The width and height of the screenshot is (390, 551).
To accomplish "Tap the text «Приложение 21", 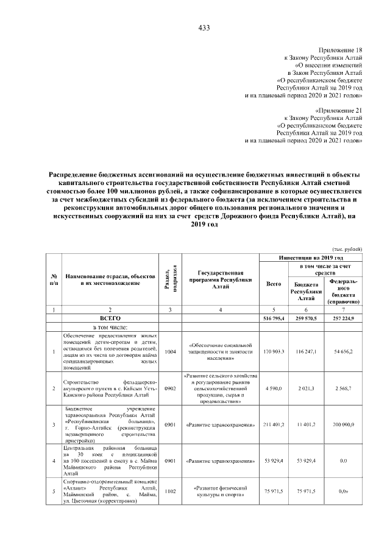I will [x=338, y=111].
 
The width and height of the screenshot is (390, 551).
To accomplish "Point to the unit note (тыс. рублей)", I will [x=347, y=249].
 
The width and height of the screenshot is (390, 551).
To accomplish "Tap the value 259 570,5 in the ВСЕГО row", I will [x=310, y=318].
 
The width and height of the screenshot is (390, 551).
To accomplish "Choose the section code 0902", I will [x=170, y=388].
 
